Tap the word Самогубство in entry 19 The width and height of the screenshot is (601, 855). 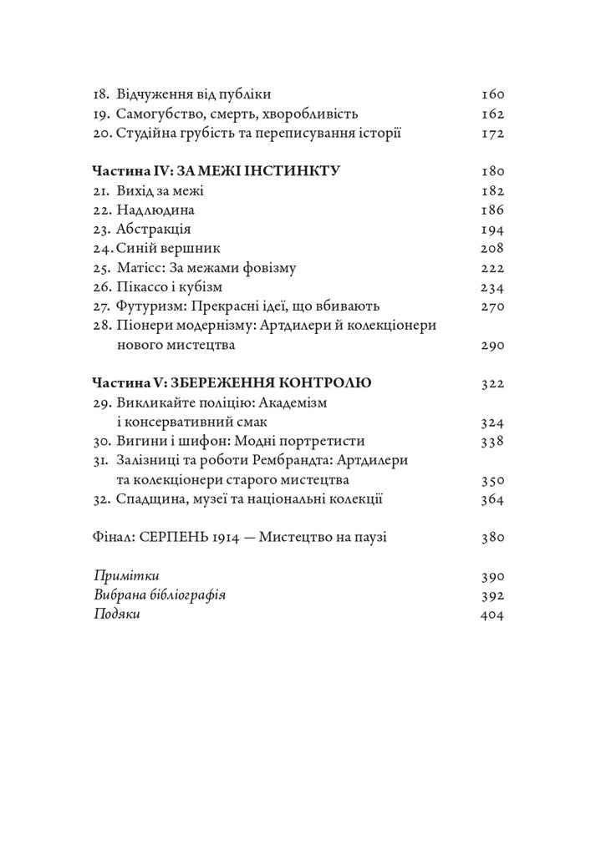tap(155, 114)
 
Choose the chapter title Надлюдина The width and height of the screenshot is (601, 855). tap(150, 210)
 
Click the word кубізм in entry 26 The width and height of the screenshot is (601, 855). tap(205, 287)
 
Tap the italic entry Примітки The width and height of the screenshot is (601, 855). tap(126, 576)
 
